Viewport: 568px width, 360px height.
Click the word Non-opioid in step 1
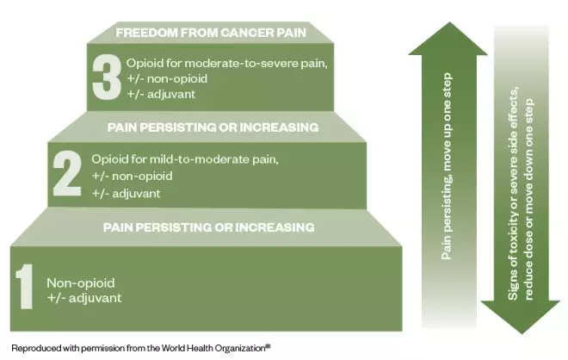(80, 282)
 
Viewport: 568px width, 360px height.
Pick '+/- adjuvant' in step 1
(84, 298)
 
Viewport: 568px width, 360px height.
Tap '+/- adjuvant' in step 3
(164, 93)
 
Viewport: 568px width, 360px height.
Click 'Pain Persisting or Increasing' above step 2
(213, 127)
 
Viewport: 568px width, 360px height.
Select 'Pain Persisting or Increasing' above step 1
(208, 227)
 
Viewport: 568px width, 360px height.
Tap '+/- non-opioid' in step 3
(169, 78)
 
